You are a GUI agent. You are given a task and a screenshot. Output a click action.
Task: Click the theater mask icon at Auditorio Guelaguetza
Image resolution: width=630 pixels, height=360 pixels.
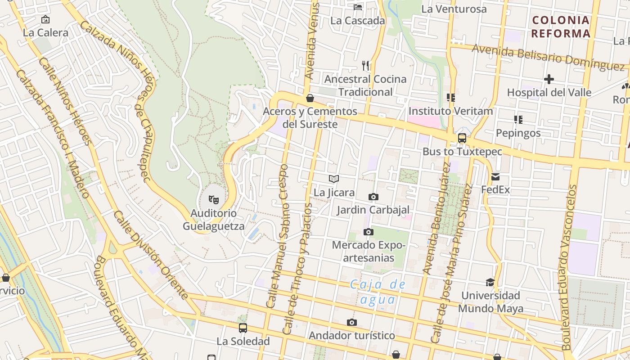click(x=213, y=199)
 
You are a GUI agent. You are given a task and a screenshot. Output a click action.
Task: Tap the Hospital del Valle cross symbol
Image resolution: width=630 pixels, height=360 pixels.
click(x=549, y=79)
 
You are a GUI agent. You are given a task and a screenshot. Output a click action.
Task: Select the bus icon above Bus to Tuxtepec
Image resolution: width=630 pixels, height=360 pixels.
click(x=462, y=138)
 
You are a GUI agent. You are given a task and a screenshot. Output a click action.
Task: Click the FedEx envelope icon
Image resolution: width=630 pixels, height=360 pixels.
click(x=495, y=177)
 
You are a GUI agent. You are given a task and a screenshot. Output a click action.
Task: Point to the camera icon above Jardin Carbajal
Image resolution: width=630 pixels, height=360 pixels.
click(x=373, y=197)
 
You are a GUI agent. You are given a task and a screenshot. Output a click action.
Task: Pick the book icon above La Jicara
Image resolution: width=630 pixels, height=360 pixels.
click(x=333, y=179)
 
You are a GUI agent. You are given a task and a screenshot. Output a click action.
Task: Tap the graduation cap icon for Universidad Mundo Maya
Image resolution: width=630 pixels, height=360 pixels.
click(x=490, y=282)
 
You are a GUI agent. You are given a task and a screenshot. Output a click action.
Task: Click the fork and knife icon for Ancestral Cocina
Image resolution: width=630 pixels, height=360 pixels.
click(x=365, y=66)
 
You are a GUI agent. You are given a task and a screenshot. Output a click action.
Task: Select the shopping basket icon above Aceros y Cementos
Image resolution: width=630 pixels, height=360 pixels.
click(x=310, y=98)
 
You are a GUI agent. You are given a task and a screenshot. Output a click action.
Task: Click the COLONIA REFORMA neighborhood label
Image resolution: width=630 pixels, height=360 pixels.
click(x=560, y=27)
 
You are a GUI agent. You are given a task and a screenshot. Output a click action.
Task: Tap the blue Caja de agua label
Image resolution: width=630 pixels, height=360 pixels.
click(x=378, y=292)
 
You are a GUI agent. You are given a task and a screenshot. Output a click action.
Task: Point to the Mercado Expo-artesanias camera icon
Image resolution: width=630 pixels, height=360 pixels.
click(x=368, y=232)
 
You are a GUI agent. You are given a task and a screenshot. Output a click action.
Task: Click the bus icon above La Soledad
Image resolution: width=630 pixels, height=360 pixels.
click(x=243, y=328)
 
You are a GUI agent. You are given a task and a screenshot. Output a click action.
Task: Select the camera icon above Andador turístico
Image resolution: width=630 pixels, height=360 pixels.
click(x=352, y=322)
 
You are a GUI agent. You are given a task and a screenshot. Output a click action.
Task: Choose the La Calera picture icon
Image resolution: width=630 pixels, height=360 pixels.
click(x=45, y=19)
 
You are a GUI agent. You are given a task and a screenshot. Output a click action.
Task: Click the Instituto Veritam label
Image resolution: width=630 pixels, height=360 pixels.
click(x=450, y=111)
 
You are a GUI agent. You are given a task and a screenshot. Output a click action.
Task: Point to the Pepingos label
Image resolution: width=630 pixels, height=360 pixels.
click(x=518, y=133)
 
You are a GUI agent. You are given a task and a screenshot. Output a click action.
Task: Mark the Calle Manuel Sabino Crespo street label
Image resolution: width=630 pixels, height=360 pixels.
click(x=277, y=236)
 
